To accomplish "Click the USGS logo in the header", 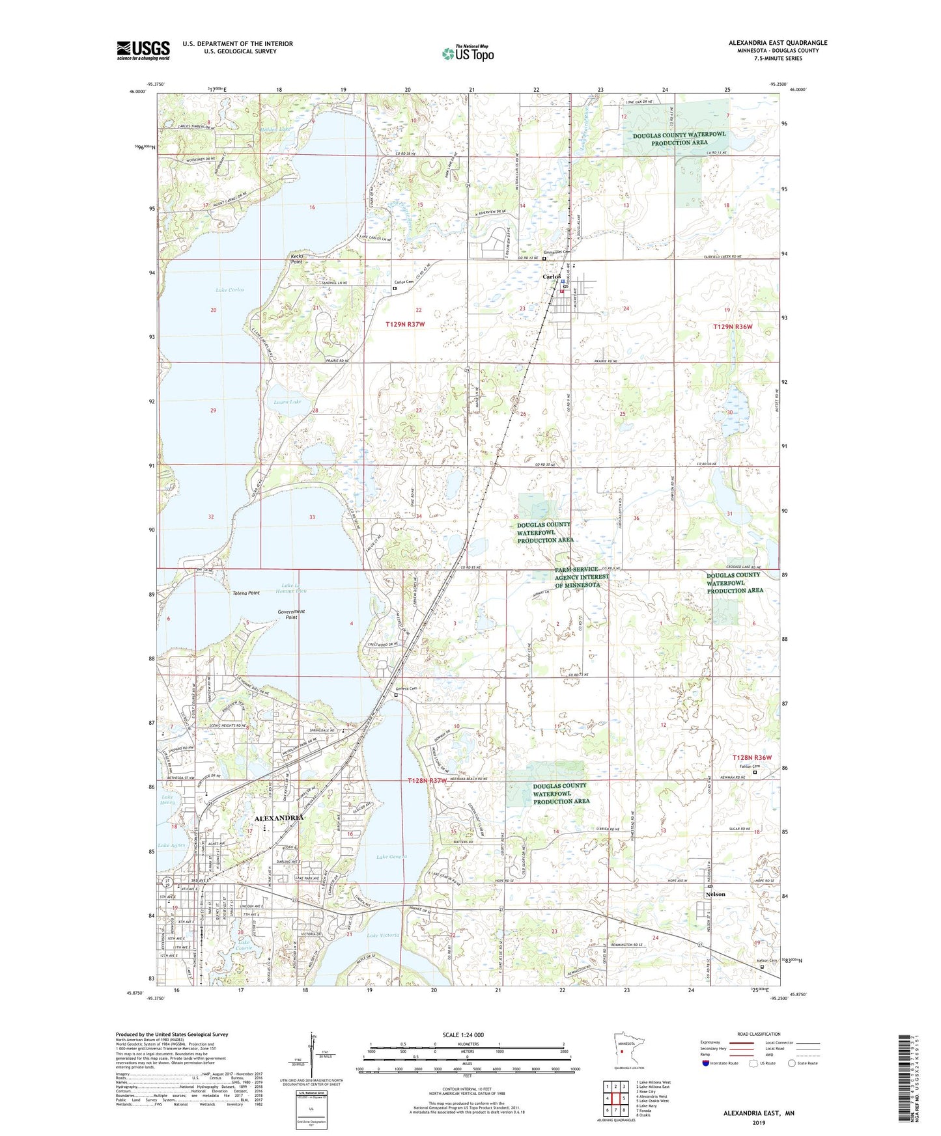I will click(x=143, y=50).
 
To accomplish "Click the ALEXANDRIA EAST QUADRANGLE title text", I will click(x=778, y=43).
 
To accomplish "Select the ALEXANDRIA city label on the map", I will click(x=279, y=818).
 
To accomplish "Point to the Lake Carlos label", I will click(x=229, y=290).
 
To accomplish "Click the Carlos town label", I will click(x=552, y=277).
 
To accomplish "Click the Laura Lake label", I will click(x=287, y=402).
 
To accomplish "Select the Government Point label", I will click(x=291, y=614).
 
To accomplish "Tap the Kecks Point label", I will click(x=297, y=258).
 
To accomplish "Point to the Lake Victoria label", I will click(x=383, y=936).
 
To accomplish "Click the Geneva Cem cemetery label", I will click(x=406, y=688).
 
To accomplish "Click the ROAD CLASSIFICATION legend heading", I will click(x=759, y=1034).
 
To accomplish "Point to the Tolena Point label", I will click(x=246, y=593).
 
